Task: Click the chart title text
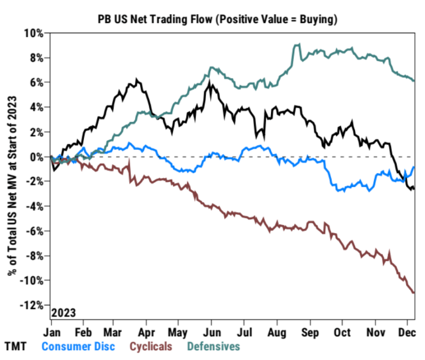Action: tap(218, 19)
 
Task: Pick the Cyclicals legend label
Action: tap(150, 345)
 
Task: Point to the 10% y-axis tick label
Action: tap(35, 33)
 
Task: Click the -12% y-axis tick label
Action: tap(33, 305)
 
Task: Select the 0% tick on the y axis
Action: tap(37, 156)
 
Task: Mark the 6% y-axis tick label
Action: tap(37, 82)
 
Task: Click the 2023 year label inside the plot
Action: tap(64, 313)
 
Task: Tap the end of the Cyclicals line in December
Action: tap(414, 292)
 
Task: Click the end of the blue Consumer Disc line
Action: tap(414, 167)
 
